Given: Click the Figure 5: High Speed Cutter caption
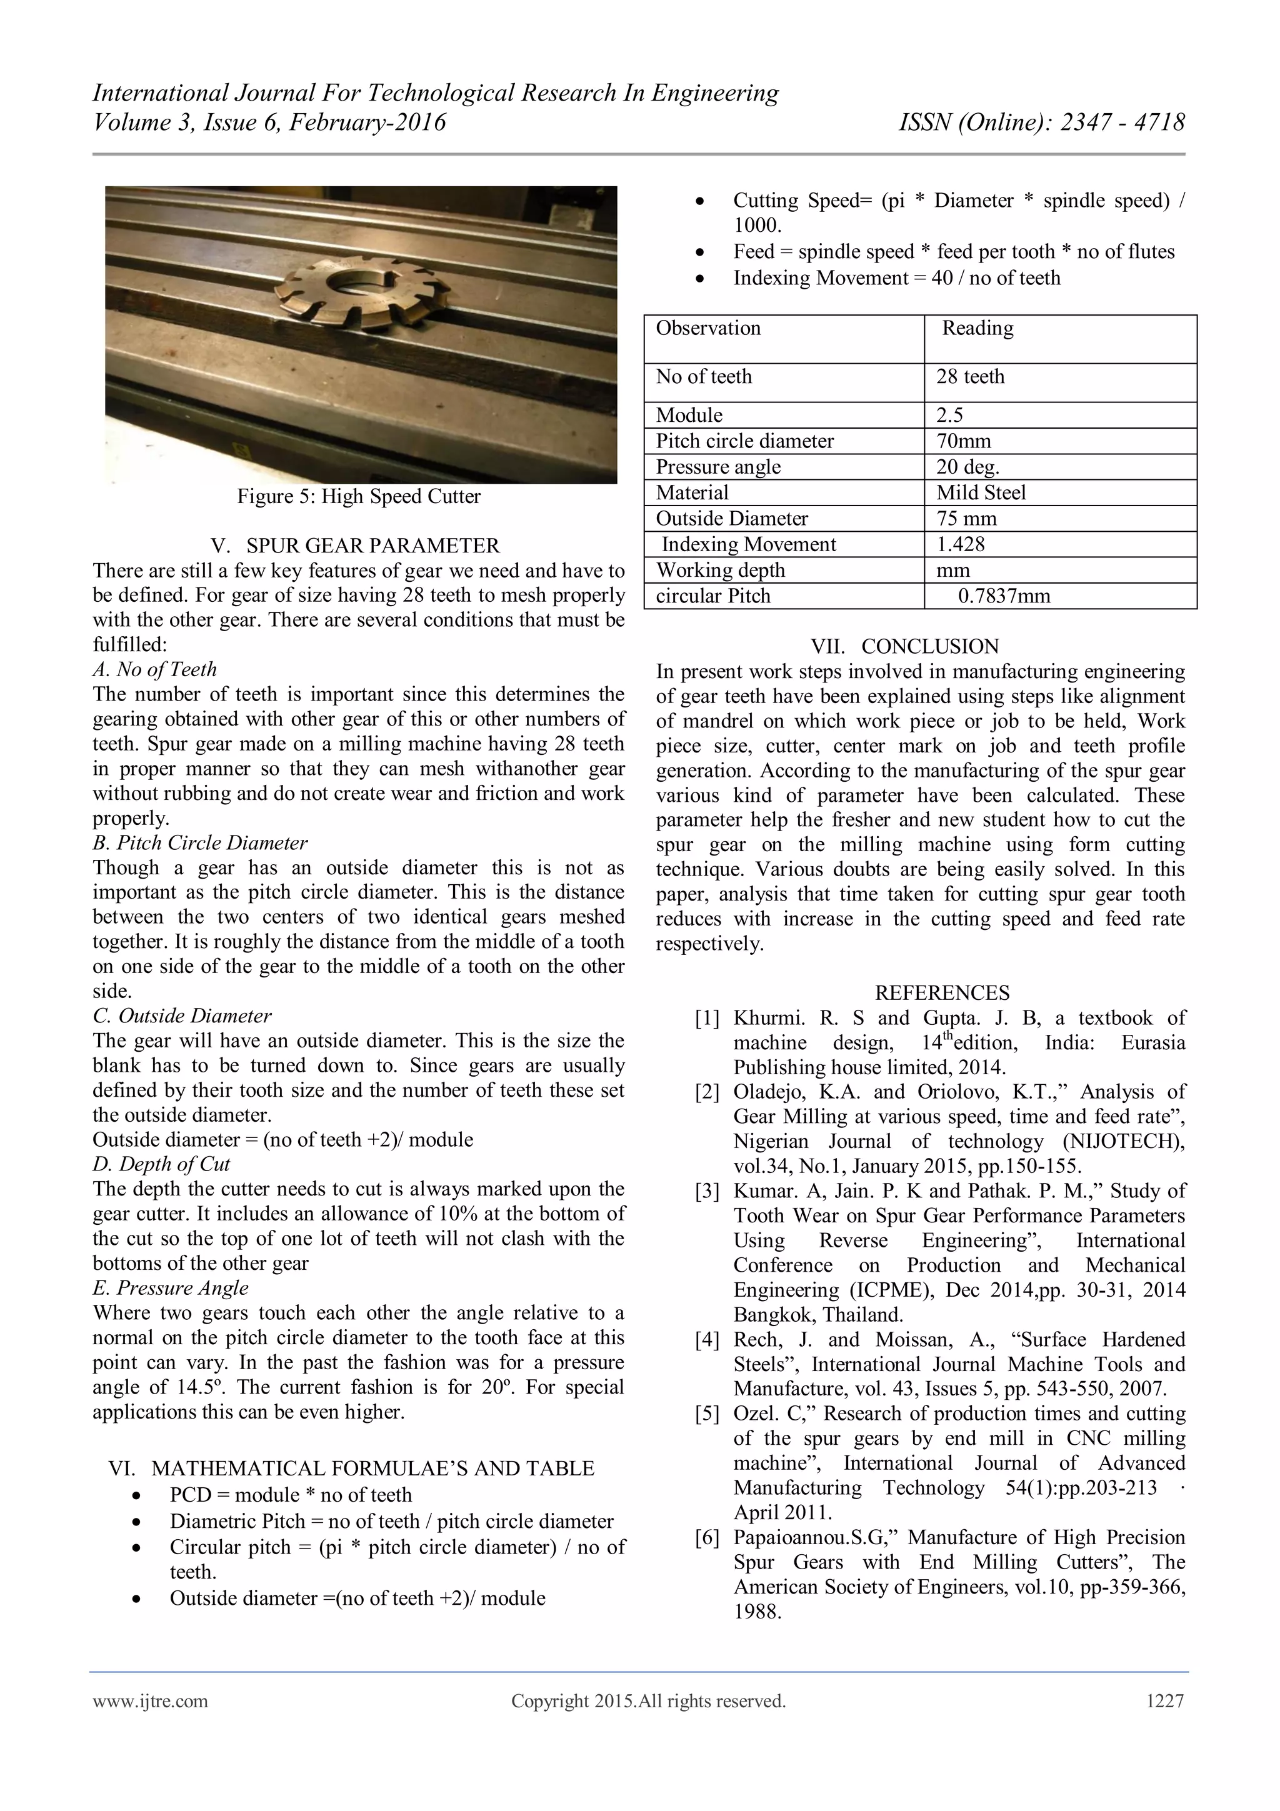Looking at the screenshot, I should [359, 497].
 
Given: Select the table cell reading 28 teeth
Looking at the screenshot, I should [970, 377].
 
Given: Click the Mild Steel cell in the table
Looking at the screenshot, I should [981, 493].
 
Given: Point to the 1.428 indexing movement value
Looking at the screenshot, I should [961, 545].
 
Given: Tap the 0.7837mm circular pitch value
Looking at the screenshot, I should [1004, 596].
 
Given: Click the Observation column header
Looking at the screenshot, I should [708, 329].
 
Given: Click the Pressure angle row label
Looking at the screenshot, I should [717, 467].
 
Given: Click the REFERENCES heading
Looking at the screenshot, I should [942, 993].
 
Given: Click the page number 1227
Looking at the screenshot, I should [1165, 1702].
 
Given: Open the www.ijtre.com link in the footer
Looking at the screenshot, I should [151, 1702].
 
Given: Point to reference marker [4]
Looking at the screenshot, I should [707, 1340].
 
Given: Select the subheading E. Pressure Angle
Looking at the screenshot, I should [171, 1288].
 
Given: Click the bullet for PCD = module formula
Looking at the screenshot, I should [138, 1496].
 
